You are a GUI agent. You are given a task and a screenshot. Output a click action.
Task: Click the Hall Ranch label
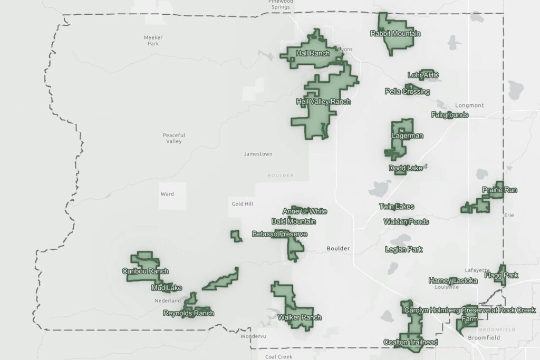(x=313, y=53)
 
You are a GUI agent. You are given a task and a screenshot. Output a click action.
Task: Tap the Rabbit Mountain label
(x=395, y=34)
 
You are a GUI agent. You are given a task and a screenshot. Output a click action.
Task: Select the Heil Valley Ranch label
(x=323, y=101)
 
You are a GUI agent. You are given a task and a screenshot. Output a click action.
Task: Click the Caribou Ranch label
(x=145, y=271)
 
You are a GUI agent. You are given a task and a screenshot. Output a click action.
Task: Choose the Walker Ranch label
(x=299, y=317)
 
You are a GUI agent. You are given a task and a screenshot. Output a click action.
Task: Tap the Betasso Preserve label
(x=279, y=234)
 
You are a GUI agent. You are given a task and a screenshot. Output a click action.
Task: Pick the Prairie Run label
(x=499, y=190)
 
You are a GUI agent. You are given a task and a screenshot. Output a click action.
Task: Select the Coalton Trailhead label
(x=410, y=342)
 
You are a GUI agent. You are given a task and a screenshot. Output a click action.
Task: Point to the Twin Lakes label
(x=396, y=207)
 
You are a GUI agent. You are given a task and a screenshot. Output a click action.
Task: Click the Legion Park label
(x=403, y=249)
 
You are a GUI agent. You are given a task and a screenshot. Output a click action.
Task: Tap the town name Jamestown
(x=258, y=154)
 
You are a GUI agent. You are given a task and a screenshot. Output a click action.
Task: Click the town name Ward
(x=167, y=194)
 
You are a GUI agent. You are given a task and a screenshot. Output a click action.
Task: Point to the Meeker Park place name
(x=153, y=41)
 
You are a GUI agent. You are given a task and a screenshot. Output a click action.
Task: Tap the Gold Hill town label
(x=243, y=203)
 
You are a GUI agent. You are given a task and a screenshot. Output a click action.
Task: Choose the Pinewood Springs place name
(x=281, y=5)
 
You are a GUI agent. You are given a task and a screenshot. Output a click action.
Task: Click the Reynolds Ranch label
(x=188, y=313)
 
